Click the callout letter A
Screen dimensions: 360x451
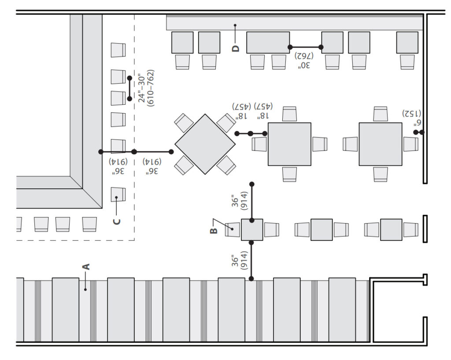[86, 266]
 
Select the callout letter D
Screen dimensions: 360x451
[236, 48]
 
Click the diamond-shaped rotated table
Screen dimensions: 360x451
[205, 143]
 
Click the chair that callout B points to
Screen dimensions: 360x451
[233, 230]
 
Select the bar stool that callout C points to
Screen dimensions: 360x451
[118, 195]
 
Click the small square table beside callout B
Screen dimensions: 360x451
[252, 230]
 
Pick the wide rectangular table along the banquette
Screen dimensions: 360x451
[268, 43]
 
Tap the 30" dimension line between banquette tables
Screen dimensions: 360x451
[305, 47]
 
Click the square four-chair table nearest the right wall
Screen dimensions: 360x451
[381, 144]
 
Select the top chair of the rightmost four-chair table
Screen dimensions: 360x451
[381, 114]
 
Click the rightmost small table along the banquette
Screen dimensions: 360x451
[407, 43]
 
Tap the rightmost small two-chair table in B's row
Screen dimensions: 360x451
[391, 230]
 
